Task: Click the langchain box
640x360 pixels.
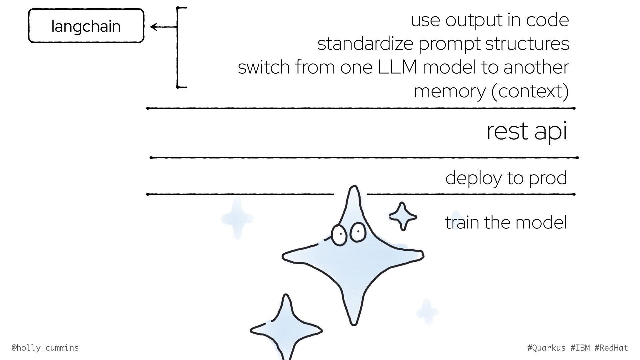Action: click(86, 26)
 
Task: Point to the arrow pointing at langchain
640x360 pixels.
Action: click(163, 27)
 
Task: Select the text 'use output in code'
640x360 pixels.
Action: click(490, 20)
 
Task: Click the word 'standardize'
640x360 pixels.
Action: click(365, 44)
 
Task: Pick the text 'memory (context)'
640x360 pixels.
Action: click(491, 91)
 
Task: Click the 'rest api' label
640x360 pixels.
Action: click(526, 131)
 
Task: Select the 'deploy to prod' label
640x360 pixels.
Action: click(506, 178)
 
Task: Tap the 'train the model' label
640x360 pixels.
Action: click(506, 222)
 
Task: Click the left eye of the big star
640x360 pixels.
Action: click(339, 235)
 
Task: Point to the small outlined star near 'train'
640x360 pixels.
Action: click(403, 216)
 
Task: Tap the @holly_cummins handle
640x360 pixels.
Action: click(45, 348)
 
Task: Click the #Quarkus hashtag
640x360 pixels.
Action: click(546, 348)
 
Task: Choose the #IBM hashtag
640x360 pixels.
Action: click(580, 348)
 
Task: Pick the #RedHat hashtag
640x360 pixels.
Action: click(611, 348)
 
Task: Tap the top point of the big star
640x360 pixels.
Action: click(354, 188)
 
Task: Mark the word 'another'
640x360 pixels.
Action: click(536, 67)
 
